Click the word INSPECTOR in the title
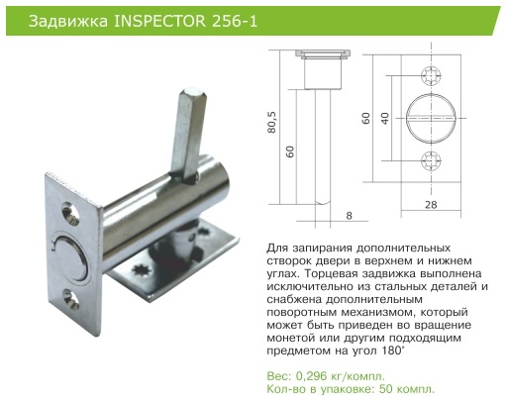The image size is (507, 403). pos(159,22)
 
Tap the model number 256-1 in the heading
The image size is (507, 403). pos(234,22)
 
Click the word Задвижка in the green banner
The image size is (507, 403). pos(68,22)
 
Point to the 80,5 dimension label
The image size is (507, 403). pos(272,123)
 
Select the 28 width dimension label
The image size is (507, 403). pos(431,205)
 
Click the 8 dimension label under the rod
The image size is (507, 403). pos(350,216)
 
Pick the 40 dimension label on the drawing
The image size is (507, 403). pos(385,118)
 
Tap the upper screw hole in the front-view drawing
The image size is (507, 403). pos(431,76)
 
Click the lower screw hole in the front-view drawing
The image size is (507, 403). pos(431,160)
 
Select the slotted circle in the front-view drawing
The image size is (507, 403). pos(431,118)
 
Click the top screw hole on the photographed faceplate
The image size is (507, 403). pos(70,213)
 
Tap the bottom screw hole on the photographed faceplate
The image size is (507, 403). pos(70,300)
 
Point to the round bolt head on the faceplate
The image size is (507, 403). pos(70,258)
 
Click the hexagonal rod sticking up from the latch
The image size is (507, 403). pos(188,132)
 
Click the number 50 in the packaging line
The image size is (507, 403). pos(386,389)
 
